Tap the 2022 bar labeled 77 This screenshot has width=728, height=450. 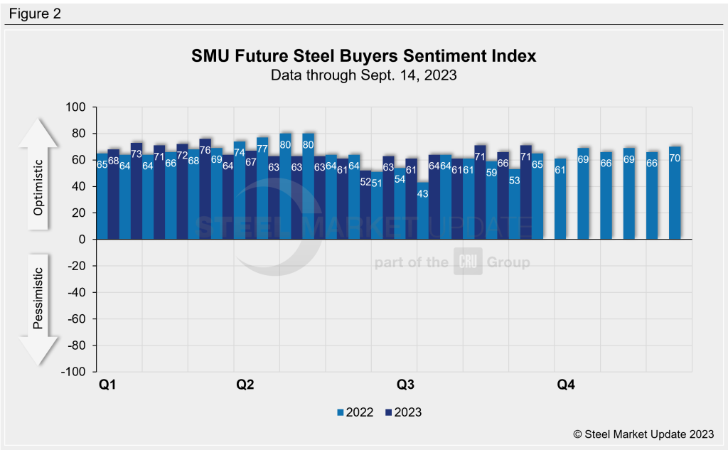[x=262, y=188]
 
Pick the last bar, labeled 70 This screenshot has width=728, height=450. [x=675, y=192]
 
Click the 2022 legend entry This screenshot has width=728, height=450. [x=354, y=412]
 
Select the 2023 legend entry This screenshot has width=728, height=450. [x=403, y=412]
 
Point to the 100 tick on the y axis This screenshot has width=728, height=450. [x=75, y=107]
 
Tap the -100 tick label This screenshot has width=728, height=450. [x=73, y=372]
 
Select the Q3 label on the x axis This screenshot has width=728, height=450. [x=405, y=385]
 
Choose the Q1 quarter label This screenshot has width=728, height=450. [x=107, y=385]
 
